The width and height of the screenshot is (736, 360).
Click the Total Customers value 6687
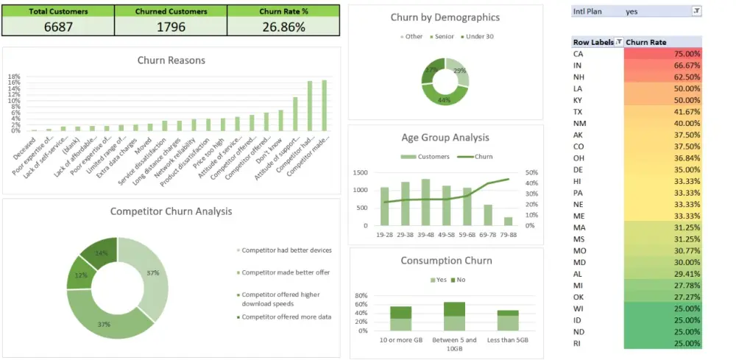pyautogui.click(x=57, y=27)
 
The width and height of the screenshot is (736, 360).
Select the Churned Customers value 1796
pyautogui.click(x=170, y=27)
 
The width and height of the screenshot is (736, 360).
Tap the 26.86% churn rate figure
pyautogui.click(x=283, y=27)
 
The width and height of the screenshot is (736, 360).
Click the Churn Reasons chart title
pyautogui.click(x=171, y=60)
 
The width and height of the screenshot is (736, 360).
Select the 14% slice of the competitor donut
pyautogui.click(x=100, y=253)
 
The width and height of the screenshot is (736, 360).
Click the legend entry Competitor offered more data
pyautogui.click(x=286, y=317)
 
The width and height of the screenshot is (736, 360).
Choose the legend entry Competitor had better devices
pyautogui.click(x=286, y=250)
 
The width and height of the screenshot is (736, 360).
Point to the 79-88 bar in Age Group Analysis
pyautogui.click(x=508, y=221)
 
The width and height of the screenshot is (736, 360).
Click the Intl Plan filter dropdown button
pyautogui.click(x=696, y=11)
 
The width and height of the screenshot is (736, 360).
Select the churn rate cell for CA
pyautogui.click(x=663, y=54)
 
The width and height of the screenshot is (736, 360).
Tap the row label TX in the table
pyautogui.click(x=578, y=111)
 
